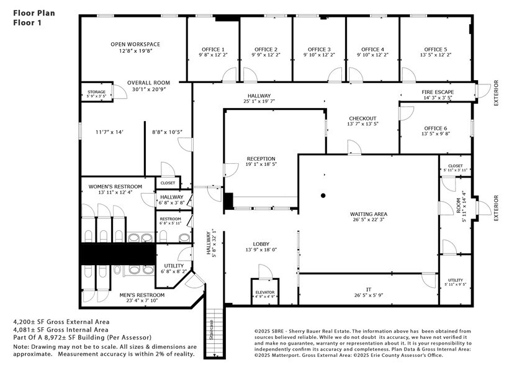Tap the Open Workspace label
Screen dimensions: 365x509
[135, 44]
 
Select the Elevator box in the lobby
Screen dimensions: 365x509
[265, 292]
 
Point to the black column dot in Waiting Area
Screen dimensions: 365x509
[323, 196]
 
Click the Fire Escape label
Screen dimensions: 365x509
[437, 91]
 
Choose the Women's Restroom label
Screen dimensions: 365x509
[115, 186]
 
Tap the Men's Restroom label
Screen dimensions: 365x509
[142, 295]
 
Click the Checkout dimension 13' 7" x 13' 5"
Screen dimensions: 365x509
[363, 124]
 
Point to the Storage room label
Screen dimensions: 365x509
[96, 92]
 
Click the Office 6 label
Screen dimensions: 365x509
[434, 128]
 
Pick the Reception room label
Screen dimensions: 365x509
[261, 159]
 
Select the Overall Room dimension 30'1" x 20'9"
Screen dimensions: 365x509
[148, 89]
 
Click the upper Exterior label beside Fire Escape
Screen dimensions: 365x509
[496, 93]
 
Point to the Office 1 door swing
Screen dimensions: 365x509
[229, 76]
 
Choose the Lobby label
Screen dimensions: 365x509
[261, 244]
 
